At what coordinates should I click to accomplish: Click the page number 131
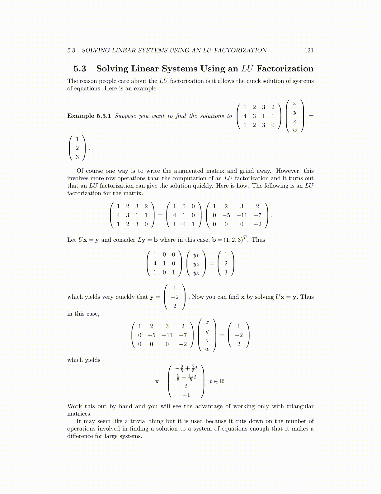point(309,51)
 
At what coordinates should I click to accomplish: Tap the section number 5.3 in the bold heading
point(80,69)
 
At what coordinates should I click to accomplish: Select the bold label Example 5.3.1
point(89,116)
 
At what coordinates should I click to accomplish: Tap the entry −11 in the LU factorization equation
point(242,215)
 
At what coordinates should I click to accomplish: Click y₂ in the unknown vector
point(196,264)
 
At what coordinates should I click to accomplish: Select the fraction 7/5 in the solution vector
point(193,368)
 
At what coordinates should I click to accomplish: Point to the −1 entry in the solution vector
point(186,395)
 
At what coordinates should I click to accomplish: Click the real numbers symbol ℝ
point(222,381)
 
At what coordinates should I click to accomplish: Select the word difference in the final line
point(80,436)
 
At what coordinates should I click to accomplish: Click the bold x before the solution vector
point(157,382)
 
